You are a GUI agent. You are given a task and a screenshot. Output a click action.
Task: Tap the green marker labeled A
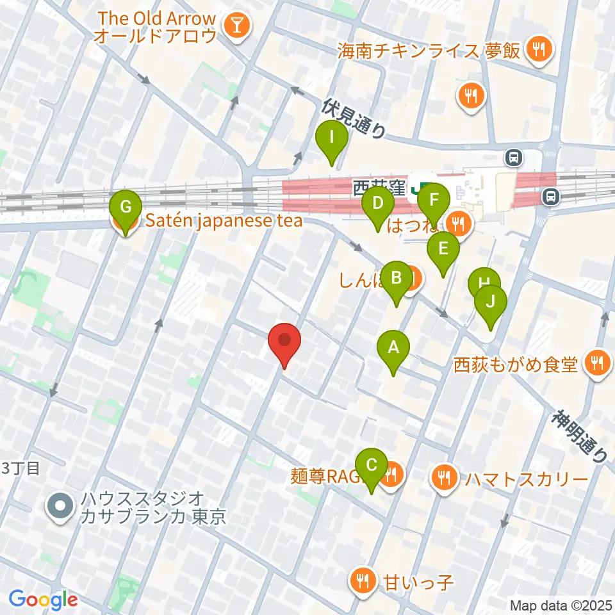click(x=394, y=349)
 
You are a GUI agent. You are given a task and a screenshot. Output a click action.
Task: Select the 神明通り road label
click(x=580, y=436)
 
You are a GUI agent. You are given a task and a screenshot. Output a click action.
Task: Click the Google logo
click(x=43, y=599)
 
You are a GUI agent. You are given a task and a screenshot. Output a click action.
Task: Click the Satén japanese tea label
click(x=222, y=222)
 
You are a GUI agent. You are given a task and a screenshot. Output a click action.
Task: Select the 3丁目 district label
click(x=22, y=468)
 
